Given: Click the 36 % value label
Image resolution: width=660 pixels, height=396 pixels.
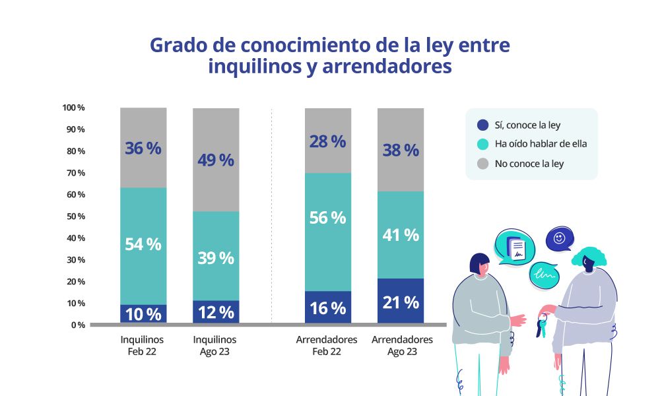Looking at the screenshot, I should click(143, 148).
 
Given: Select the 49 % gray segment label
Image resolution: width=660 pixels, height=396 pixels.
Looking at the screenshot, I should click(216, 160).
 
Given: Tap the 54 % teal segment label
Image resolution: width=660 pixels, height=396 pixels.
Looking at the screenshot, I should click(143, 244).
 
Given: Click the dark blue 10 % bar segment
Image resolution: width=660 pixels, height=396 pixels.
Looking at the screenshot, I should click(143, 314).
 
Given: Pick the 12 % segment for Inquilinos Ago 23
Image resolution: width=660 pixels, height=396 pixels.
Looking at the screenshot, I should click(216, 312).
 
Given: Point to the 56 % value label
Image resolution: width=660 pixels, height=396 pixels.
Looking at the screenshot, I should click(328, 218).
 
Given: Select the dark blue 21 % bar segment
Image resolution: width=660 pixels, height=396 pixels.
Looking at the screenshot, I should click(401, 302).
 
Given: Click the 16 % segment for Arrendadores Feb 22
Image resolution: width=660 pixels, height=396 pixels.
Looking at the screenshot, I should click(328, 308).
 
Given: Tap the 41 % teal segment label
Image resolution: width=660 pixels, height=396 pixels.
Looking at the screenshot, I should click(401, 235).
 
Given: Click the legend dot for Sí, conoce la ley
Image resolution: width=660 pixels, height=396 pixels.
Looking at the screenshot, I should click(482, 125).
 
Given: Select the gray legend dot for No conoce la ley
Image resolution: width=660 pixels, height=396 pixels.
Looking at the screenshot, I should click(482, 163).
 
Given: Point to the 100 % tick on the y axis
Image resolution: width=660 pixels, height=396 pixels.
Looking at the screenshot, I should click(73, 108).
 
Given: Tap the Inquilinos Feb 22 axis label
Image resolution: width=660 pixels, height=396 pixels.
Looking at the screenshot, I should click(142, 346).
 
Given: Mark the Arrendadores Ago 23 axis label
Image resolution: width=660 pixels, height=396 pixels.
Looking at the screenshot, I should click(402, 346).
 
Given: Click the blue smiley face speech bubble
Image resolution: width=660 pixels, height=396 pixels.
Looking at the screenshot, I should click(560, 239).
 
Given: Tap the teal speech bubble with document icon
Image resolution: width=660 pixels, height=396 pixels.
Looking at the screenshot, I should click(514, 247).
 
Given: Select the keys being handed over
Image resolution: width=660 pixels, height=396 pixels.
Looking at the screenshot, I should click(543, 323).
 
